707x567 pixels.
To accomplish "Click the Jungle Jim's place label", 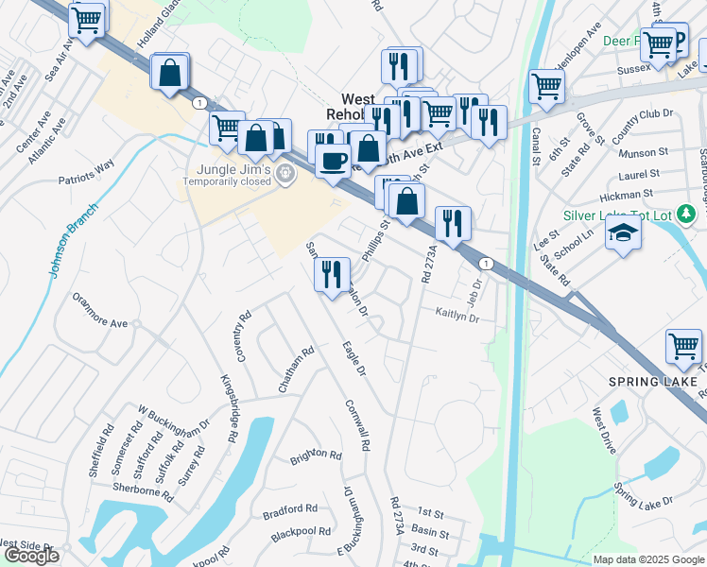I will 228,170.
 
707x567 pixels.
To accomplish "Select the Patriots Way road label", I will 86,171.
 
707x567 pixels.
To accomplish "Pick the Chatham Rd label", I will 296,369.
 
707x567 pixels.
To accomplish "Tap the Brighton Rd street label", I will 316,455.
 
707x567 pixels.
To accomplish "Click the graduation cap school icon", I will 623,232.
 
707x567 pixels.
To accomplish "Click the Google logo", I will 30,556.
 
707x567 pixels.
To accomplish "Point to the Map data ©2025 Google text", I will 647,559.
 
